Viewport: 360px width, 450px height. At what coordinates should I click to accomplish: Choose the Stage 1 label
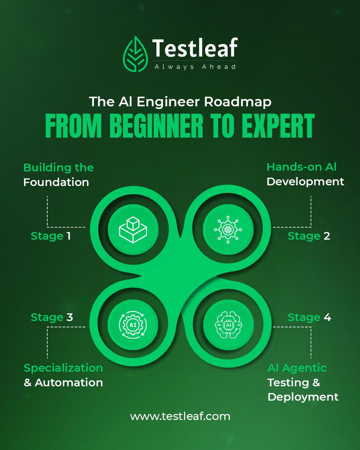[x=51, y=236]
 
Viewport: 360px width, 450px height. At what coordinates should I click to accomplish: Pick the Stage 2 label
[x=309, y=236]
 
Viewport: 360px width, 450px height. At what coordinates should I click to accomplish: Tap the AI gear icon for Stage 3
[x=133, y=323]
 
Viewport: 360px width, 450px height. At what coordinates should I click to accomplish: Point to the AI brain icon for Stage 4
[x=228, y=324]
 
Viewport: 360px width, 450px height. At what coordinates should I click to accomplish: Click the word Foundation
[x=56, y=183]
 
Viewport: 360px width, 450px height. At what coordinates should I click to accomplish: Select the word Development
[x=305, y=182]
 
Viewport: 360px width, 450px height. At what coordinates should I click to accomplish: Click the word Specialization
[x=63, y=368]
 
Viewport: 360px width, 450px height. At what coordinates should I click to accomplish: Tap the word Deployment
[x=303, y=397]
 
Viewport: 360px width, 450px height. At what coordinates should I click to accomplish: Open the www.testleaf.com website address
[x=180, y=416]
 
